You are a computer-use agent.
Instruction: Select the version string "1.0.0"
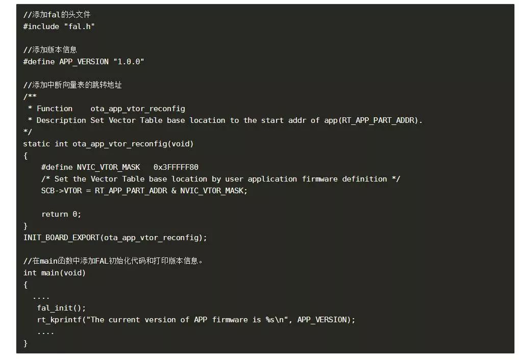coord(129,62)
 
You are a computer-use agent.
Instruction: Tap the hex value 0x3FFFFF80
coord(176,167)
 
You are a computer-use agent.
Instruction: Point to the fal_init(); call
coord(61,308)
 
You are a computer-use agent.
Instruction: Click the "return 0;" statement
coord(61,214)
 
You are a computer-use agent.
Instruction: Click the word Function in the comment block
coord(55,109)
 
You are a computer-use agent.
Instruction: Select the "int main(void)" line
coord(55,273)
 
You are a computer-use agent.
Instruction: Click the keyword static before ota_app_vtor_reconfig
coord(37,144)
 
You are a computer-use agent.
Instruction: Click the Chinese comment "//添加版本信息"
coord(50,50)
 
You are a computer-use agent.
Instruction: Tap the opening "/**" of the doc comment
coord(30,97)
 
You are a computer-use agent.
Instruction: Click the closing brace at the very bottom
coord(26,343)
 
